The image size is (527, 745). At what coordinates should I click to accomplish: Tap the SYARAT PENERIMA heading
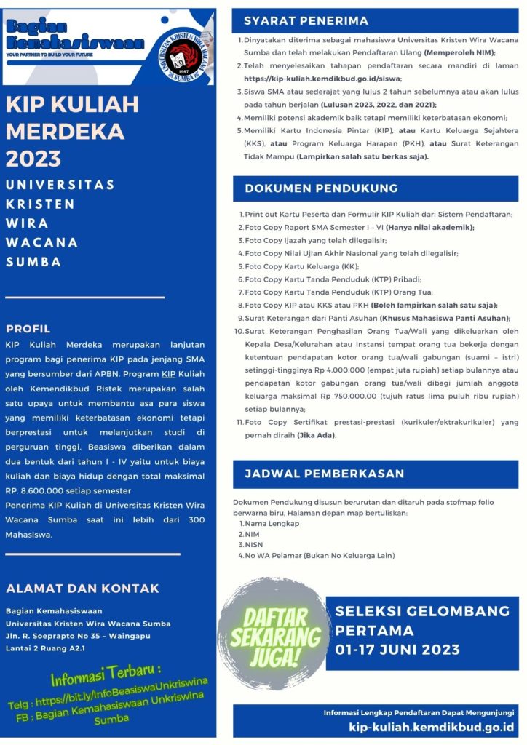click(x=306, y=20)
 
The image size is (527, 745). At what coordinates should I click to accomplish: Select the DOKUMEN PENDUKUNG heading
click(x=321, y=188)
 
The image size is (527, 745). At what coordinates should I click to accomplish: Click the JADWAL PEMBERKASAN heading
click(x=324, y=474)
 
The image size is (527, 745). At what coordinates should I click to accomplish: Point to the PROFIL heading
click(x=28, y=327)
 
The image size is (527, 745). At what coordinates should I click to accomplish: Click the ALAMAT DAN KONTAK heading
click(x=82, y=589)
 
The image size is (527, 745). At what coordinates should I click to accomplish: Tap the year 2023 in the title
click(x=33, y=158)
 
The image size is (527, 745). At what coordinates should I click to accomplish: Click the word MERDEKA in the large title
click(x=66, y=132)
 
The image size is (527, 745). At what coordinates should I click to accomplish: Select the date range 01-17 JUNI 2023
click(x=397, y=650)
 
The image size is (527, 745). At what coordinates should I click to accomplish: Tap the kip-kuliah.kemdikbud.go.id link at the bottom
click(x=431, y=727)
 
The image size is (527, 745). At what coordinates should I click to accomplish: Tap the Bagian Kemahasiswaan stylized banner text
click(x=73, y=34)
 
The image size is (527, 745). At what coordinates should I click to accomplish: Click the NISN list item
click(x=254, y=544)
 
